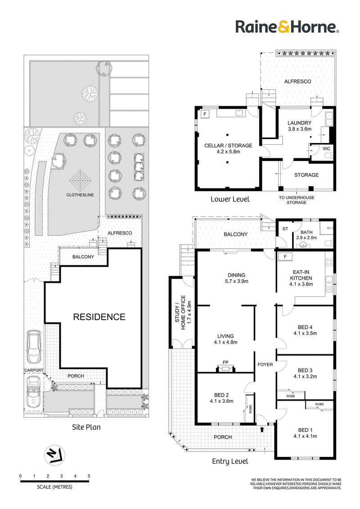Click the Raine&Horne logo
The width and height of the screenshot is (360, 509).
(x=287, y=27)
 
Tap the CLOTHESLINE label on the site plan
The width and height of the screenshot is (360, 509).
(x=80, y=195)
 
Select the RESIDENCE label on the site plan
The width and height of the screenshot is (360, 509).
(x=99, y=317)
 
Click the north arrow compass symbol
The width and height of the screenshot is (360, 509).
(x=54, y=455)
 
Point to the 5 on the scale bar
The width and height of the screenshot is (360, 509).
(x=89, y=476)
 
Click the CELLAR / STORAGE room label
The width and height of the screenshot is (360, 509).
(x=228, y=148)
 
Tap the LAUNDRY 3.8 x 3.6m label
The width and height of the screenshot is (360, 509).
(x=299, y=125)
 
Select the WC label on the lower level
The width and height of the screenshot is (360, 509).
(x=326, y=149)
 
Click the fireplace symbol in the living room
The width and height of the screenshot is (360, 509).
(x=225, y=368)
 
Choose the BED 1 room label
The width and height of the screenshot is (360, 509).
(x=305, y=433)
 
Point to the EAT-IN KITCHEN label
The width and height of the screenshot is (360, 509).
(x=301, y=278)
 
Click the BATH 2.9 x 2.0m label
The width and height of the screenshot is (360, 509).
(x=306, y=235)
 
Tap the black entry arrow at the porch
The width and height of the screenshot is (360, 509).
(x=262, y=429)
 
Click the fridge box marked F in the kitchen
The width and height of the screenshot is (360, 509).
(x=285, y=256)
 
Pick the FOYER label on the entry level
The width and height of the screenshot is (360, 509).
(x=265, y=365)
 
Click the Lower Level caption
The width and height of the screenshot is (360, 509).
(x=230, y=199)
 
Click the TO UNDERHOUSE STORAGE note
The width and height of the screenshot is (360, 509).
(x=296, y=200)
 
